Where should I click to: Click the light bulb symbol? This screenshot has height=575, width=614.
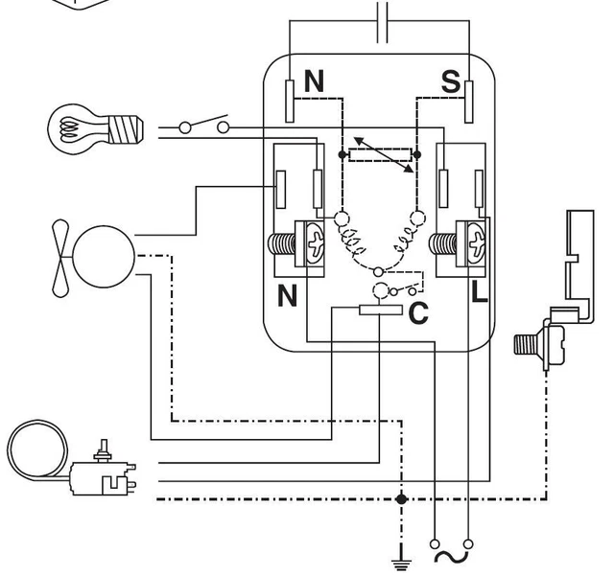95,128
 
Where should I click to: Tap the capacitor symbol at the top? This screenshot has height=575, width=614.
383,22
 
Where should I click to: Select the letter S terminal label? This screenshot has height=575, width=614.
451,81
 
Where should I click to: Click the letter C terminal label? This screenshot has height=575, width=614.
418,313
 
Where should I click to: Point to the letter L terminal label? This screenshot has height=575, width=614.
480,292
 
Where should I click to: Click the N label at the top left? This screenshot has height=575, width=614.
314,80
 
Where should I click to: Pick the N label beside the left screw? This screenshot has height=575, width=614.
287,296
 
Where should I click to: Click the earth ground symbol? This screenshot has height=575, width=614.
401,558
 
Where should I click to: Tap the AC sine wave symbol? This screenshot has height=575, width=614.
452,557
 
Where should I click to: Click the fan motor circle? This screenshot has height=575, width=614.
104,257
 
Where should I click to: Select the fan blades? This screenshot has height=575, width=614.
60,258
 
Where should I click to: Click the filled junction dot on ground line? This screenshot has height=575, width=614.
401,499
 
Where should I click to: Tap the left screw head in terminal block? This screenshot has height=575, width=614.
316,243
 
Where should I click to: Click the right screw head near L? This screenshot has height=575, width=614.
476,243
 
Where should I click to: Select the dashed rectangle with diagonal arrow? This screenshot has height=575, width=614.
381,155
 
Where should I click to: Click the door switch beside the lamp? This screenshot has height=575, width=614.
204,125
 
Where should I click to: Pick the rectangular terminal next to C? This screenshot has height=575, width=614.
381,310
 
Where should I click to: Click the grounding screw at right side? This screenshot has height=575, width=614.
540,344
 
